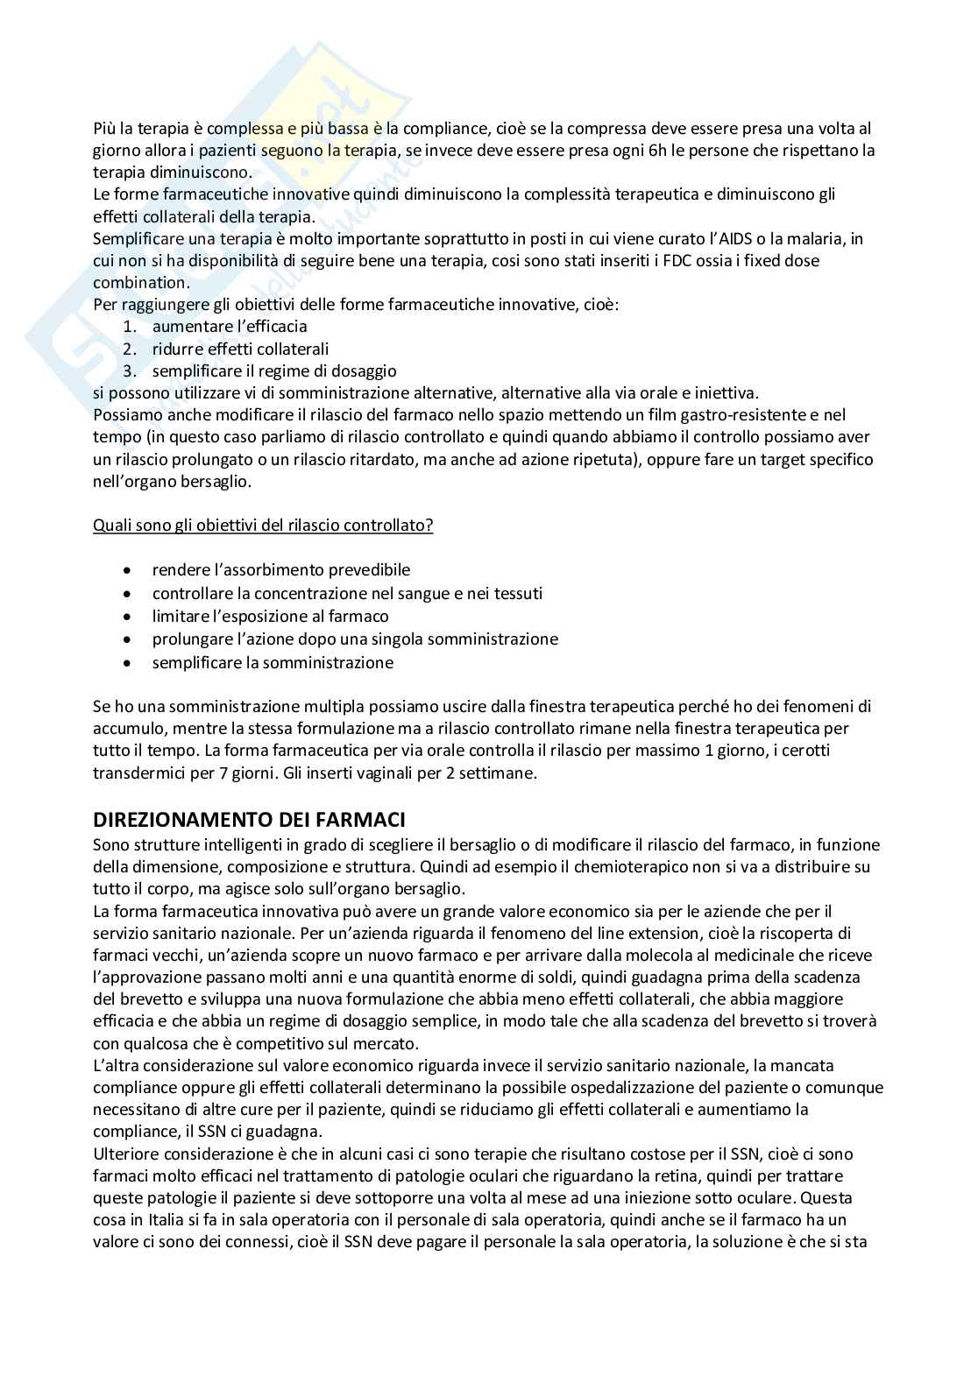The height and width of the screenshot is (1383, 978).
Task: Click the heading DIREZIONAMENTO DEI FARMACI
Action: (249, 821)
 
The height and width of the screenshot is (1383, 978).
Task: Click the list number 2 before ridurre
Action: (130, 349)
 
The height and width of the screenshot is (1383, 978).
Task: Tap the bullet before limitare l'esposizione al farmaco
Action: (130, 617)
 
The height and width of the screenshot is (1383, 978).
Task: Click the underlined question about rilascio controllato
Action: (263, 526)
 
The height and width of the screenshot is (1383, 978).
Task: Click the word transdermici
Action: (139, 773)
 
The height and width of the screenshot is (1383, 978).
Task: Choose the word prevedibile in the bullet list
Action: (360, 570)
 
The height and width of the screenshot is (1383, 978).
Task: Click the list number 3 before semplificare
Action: (130, 371)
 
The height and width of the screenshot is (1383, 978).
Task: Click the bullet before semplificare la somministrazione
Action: (130, 662)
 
